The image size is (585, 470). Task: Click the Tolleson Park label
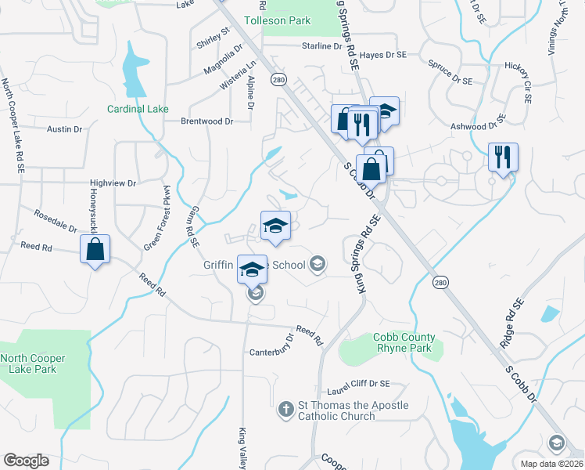[x=277, y=20]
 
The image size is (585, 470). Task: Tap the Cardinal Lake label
[x=138, y=109]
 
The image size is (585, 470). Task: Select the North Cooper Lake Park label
[x=33, y=363]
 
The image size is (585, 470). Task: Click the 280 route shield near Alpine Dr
[x=278, y=80]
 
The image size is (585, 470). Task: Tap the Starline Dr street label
[x=323, y=46]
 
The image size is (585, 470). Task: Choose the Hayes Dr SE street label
[x=384, y=55]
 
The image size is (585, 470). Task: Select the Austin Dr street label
[x=59, y=128]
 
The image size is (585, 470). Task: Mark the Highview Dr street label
[x=113, y=183]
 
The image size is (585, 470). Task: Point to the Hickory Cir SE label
[x=518, y=83]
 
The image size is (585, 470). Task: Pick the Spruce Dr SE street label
[x=450, y=72]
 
